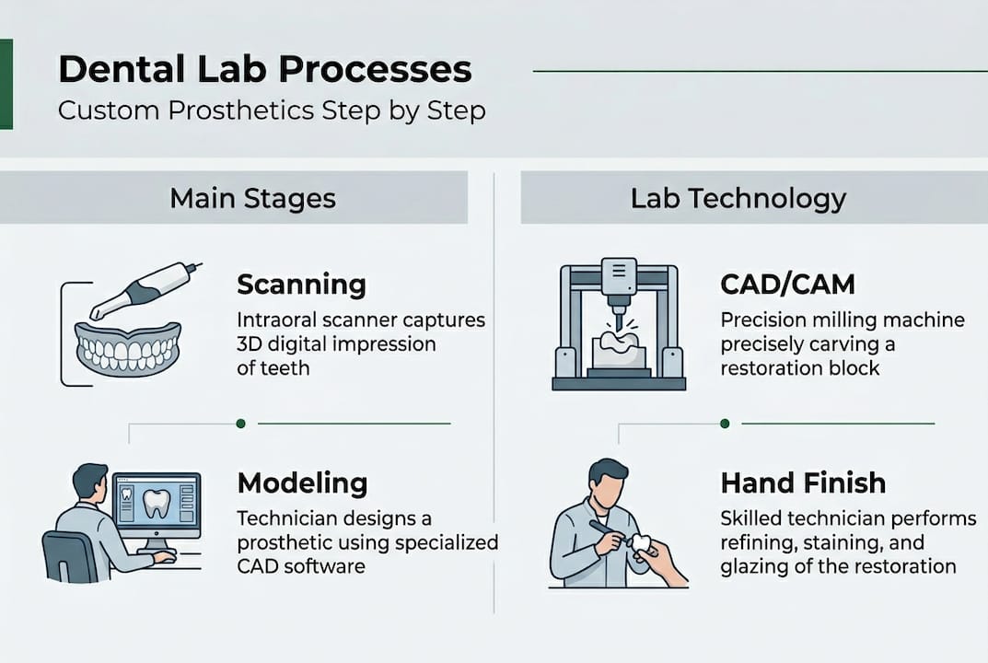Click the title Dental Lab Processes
(x=264, y=69)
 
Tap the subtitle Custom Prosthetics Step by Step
(x=272, y=110)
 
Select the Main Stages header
(x=252, y=199)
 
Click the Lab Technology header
(x=738, y=199)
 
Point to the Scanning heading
(x=301, y=285)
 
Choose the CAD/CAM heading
(x=787, y=285)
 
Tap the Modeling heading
(x=302, y=483)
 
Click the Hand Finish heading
(x=803, y=483)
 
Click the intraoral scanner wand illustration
(x=145, y=290)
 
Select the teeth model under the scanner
(x=128, y=349)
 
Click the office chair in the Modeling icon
(x=69, y=556)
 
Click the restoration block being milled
(x=618, y=353)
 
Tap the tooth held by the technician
(x=642, y=543)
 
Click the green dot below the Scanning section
(x=240, y=424)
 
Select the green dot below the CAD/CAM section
(x=725, y=424)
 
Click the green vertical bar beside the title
(x=6, y=84)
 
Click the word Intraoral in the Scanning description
(x=276, y=320)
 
